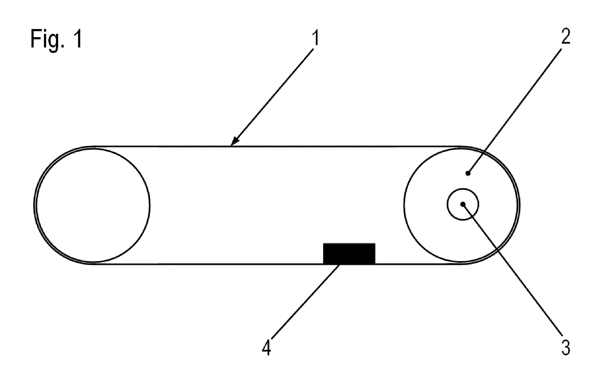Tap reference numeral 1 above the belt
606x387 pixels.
(316, 37)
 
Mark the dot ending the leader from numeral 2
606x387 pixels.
(468, 173)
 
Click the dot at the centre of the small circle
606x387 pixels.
(463, 204)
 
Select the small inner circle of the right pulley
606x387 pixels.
(447, 204)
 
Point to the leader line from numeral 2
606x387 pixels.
(515, 110)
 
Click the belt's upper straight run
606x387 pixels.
(277, 147)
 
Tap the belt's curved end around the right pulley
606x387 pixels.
(520, 205)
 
